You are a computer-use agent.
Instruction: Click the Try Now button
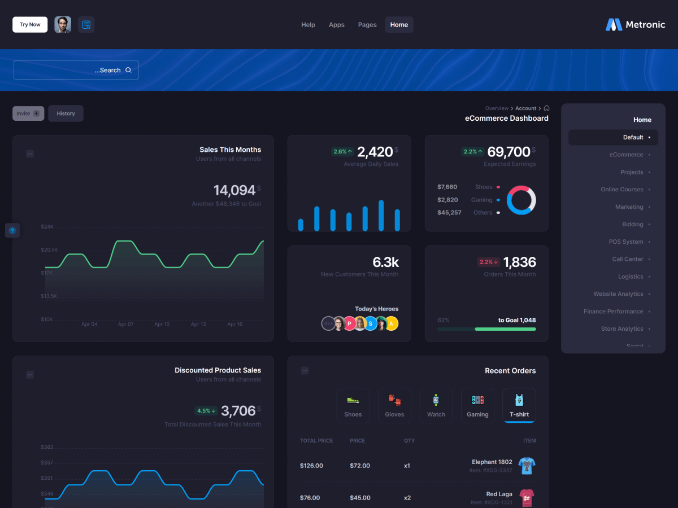pyautogui.click(x=30, y=25)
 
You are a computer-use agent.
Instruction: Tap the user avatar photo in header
pyautogui.click(x=63, y=25)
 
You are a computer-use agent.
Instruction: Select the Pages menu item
pyautogui.click(x=367, y=25)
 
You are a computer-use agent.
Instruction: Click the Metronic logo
pyautogui.click(x=636, y=25)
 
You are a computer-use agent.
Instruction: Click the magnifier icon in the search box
pyautogui.click(x=128, y=70)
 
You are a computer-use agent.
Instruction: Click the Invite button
pyautogui.click(x=28, y=113)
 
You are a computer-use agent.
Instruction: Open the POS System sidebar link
pyautogui.click(x=626, y=242)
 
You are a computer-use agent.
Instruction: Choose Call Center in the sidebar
pyautogui.click(x=628, y=259)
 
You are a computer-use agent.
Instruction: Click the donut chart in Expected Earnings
pyautogui.click(x=521, y=200)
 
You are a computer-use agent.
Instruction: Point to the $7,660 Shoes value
pyautogui.click(x=447, y=187)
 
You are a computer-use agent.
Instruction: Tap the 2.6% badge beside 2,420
pyautogui.click(x=342, y=152)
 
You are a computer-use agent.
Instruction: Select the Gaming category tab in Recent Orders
pyautogui.click(x=477, y=405)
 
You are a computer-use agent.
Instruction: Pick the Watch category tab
pyautogui.click(x=436, y=405)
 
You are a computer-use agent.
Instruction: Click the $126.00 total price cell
pyautogui.click(x=311, y=466)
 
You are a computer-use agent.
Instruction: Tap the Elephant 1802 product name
pyautogui.click(x=492, y=462)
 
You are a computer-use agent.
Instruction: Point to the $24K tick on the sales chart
pyautogui.click(x=47, y=227)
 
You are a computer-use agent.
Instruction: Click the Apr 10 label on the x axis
pyautogui.click(x=162, y=325)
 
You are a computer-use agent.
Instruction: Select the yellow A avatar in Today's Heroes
pyautogui.click(x=391, y=323)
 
